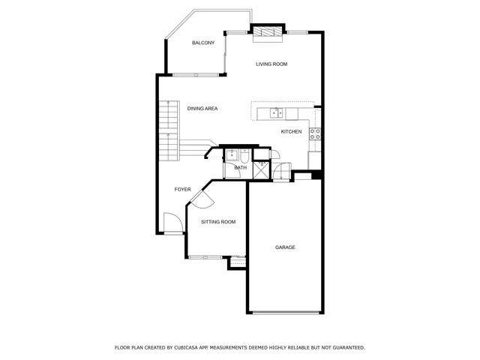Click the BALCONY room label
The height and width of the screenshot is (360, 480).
[202, 43]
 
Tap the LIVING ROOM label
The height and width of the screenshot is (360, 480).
[271, 64]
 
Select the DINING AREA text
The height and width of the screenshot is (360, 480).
[202, 109]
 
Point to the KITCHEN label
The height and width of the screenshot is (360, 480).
[292, 132]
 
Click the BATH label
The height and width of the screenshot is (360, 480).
[241, 168]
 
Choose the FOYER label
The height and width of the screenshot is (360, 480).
[182, 190]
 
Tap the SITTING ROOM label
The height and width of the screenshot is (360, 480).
[218, 222]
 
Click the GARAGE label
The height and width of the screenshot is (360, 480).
[285, 247]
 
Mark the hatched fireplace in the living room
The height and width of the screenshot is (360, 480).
[267, 33]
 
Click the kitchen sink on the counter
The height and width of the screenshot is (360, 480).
[277, 113]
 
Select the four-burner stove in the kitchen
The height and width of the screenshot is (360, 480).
[316, 134]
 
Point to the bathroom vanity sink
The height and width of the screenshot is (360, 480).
[232, 155]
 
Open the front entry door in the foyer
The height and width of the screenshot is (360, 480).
[172, 223]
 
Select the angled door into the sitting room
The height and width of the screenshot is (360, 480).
[202, 198]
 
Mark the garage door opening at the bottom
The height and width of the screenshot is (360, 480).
[284, 312]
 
